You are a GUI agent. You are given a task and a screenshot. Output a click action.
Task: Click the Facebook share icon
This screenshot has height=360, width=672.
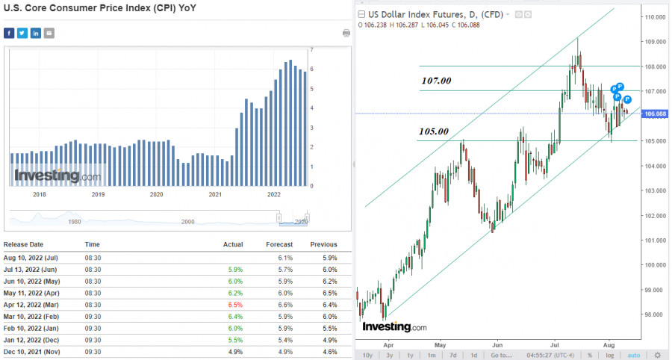9,33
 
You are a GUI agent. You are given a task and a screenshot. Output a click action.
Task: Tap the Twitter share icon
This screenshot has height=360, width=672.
22,33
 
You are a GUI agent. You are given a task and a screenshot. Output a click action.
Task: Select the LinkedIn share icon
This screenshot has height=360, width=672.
36,33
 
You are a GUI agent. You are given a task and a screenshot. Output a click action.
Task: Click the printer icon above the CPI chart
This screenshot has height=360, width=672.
346,33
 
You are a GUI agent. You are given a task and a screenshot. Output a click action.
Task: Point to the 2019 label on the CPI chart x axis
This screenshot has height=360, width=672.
98,194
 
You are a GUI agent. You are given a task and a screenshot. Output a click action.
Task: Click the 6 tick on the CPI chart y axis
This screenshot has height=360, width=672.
311,69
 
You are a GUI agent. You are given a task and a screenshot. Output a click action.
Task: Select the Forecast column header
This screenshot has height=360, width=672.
279,244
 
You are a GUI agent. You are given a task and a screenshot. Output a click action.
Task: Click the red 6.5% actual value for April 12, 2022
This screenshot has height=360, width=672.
234,305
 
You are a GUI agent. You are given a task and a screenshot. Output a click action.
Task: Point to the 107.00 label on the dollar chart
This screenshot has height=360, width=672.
437,80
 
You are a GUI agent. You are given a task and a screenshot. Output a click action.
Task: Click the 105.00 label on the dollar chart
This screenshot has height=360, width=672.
433,131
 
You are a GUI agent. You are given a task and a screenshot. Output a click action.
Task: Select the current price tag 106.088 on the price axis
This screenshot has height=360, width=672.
655,114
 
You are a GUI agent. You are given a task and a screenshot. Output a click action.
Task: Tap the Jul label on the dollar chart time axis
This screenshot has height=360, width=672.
554,346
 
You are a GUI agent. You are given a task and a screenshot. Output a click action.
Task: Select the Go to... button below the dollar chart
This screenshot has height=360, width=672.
501,355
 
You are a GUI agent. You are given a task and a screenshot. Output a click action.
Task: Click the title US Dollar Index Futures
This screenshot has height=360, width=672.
408,13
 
